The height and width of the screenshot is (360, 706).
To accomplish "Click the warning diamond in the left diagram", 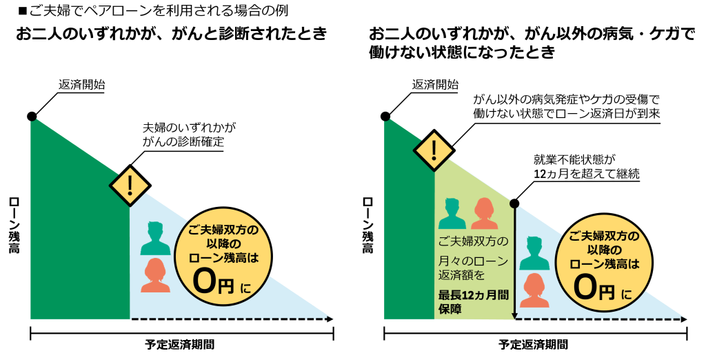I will (130, 186).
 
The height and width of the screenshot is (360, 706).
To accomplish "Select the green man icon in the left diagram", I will (156, 239).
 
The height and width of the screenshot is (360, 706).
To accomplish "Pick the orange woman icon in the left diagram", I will (156, 275).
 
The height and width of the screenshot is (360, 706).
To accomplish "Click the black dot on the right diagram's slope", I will (514, 204).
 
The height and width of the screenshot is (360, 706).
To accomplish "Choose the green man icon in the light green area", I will (452, 214).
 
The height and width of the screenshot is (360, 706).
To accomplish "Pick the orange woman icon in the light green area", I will (484, 214).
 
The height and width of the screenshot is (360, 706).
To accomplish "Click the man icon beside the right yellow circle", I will (534, 253).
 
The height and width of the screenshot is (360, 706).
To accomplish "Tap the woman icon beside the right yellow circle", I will (534, 290).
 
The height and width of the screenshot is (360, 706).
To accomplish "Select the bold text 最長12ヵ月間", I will (474, 295).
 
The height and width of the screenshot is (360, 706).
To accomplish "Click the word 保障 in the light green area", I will (451, 310).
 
